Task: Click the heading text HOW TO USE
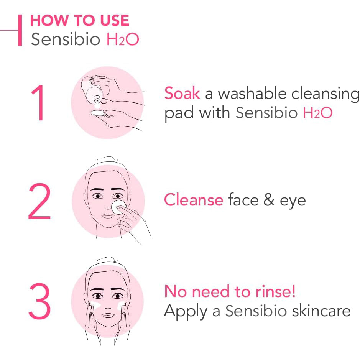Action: point(79,20)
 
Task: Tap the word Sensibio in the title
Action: point(66,39)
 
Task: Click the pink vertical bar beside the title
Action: point(20,30)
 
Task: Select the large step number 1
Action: point(38,103)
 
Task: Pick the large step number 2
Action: point(39,201)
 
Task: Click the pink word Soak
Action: point(182,93)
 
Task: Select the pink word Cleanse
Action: point(194,199)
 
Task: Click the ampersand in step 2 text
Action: point(269,199)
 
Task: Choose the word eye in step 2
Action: point(293,202)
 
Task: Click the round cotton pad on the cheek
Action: point(118,207)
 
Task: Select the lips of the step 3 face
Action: point(108,315)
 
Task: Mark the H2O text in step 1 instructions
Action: point(317,112)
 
